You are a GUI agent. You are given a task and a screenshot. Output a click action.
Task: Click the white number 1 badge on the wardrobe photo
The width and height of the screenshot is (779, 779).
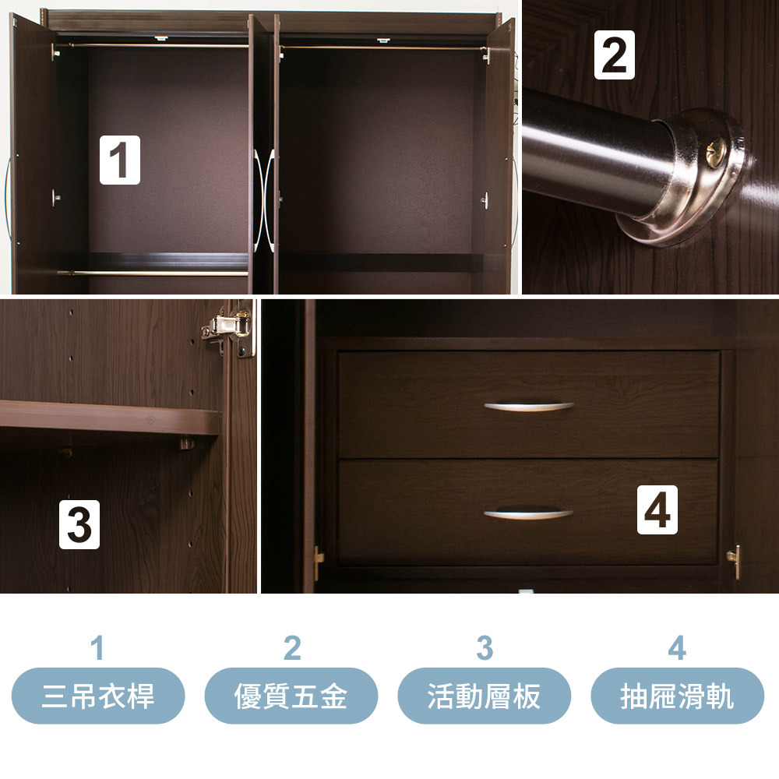120,160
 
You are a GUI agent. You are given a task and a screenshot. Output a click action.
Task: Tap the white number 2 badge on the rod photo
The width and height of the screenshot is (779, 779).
615,55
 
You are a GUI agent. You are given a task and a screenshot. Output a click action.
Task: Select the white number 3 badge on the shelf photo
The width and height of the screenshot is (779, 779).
79,524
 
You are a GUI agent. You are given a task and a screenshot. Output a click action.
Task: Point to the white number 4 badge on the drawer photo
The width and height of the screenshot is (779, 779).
657,509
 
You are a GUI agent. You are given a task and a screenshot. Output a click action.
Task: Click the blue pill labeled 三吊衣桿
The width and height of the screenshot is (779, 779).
98,696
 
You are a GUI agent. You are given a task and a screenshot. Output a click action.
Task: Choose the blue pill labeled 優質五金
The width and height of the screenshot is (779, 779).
291,696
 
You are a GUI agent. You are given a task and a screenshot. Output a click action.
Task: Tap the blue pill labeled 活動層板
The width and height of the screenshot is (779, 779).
485,696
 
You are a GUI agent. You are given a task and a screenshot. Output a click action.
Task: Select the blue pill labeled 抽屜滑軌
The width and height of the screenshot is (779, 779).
677,696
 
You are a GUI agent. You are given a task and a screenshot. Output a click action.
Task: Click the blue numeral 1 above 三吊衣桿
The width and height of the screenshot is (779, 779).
97,648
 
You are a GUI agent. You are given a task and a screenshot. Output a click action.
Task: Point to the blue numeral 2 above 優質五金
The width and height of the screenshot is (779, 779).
292,648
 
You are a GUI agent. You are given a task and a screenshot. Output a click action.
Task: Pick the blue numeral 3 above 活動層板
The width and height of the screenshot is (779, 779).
485,648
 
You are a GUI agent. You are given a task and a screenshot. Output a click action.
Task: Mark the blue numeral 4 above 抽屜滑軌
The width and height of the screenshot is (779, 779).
677,648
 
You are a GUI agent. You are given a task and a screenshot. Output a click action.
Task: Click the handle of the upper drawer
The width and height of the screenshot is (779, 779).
529,407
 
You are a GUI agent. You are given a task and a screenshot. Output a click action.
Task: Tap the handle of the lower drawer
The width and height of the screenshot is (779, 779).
529,514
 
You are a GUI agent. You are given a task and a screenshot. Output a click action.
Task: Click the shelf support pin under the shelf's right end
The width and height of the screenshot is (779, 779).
187,442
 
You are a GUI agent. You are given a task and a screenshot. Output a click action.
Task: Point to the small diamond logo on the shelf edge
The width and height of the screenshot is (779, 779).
150,421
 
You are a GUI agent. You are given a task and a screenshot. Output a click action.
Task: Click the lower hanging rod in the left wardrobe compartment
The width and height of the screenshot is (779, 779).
153,273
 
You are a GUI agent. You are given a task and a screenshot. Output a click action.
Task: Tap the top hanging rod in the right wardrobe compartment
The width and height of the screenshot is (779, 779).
382,48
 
